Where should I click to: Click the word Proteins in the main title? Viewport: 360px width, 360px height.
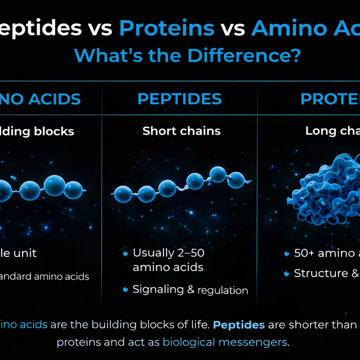[x=167, y=29]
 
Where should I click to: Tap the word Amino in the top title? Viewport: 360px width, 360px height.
[x=286, y=29]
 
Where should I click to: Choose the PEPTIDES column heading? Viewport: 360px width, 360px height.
[x=179, y=99]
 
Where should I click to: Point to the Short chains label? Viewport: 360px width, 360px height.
[x=182, y=131]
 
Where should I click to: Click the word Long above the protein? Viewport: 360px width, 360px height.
[x=320, y=131]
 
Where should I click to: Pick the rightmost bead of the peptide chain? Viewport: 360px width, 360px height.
[x=236, y=179]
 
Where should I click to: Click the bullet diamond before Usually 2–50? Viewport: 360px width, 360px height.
[x=125, y=254]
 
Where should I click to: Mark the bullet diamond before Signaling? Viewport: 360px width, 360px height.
[x=125, y=290]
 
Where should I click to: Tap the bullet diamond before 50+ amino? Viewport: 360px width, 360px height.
[x=286, y=254]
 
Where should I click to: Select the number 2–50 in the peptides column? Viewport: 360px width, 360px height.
[x=189, y=253]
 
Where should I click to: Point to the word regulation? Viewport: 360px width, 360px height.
[x=223, y=291]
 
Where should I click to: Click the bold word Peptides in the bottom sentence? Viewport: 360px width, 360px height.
[x=239, y=325]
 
